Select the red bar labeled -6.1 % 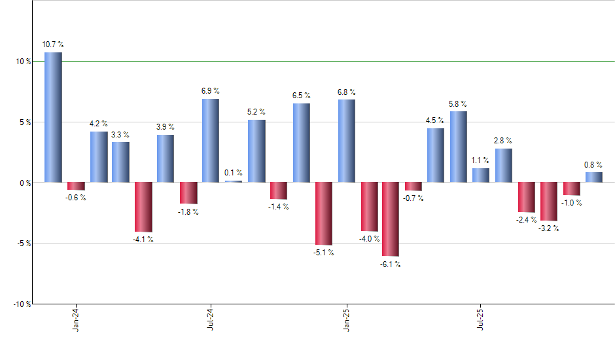[x=391, y=219]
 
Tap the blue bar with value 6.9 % [x=211, y=140]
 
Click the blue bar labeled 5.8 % [x=458, y=147]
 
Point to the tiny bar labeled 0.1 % [x=234, y=181]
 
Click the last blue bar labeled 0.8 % [x=593, y=177]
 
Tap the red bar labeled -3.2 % [x=549, y=202]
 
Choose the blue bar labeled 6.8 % [x=346, y=141]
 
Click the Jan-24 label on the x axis [x=76, y=319]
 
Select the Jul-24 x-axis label [x=211, y=319]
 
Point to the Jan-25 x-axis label [x=346, y=319]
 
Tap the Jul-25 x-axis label [x=481, y=319]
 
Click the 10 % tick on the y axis [x=24, y=62]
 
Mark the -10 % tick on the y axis [x=22, y=304]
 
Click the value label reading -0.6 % [x=76, y=198]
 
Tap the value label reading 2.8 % [x=503, y=141]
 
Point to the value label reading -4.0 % [x=369, y=239]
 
